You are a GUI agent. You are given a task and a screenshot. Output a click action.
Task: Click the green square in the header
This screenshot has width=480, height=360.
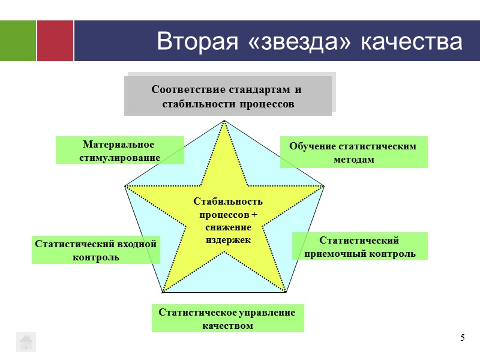click(18, 41)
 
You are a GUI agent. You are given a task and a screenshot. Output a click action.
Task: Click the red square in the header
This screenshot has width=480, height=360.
click(55, 41)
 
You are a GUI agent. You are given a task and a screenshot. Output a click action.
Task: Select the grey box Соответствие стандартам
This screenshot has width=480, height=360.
click(227, 96)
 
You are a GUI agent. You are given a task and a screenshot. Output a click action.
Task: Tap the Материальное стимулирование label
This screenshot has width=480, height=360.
click(119, 150)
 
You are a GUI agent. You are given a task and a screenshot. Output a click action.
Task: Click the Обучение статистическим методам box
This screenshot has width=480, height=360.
click(353, 152)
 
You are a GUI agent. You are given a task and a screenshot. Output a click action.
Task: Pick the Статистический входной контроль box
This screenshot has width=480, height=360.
click(95, 250)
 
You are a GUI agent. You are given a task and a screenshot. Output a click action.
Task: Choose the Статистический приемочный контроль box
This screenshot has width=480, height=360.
click(359, 247)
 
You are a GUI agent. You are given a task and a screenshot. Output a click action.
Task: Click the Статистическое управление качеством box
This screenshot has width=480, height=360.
click(227, 318)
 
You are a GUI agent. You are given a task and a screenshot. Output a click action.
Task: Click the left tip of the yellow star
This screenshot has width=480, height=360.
click(128, 187)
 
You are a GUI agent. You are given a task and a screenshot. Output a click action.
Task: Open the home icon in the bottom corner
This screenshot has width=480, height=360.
click(26, 341)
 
